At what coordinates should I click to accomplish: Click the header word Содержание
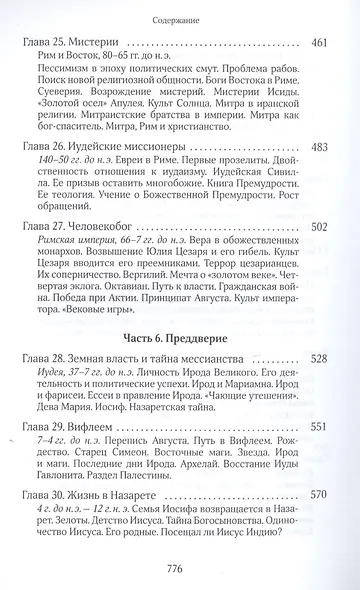point(180,15)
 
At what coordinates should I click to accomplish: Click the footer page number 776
point(180,568)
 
